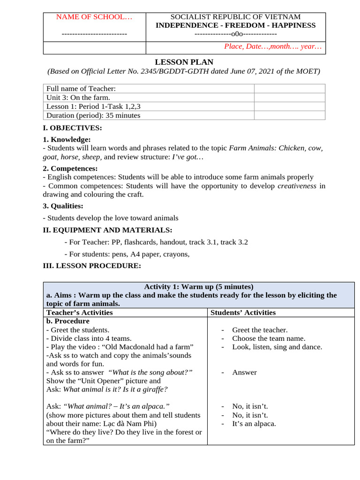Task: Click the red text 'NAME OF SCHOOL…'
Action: point(94,17)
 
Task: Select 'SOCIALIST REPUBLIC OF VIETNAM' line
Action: point(235,17)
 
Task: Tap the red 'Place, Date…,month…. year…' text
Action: point(273,46)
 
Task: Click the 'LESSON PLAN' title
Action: point(184,62)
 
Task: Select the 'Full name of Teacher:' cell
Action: point(81,89)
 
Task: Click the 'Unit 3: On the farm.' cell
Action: point(78,97)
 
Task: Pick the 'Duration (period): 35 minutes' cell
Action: point(93,115)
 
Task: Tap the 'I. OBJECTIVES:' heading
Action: point(72,128)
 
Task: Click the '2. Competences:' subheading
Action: point(70,168)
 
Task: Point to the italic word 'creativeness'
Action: point(297,186)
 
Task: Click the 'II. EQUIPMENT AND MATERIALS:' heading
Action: point(107,230)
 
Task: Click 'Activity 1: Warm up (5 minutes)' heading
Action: point(198,286)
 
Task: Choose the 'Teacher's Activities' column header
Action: point(79,313)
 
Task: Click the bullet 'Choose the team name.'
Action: point(269,338)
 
